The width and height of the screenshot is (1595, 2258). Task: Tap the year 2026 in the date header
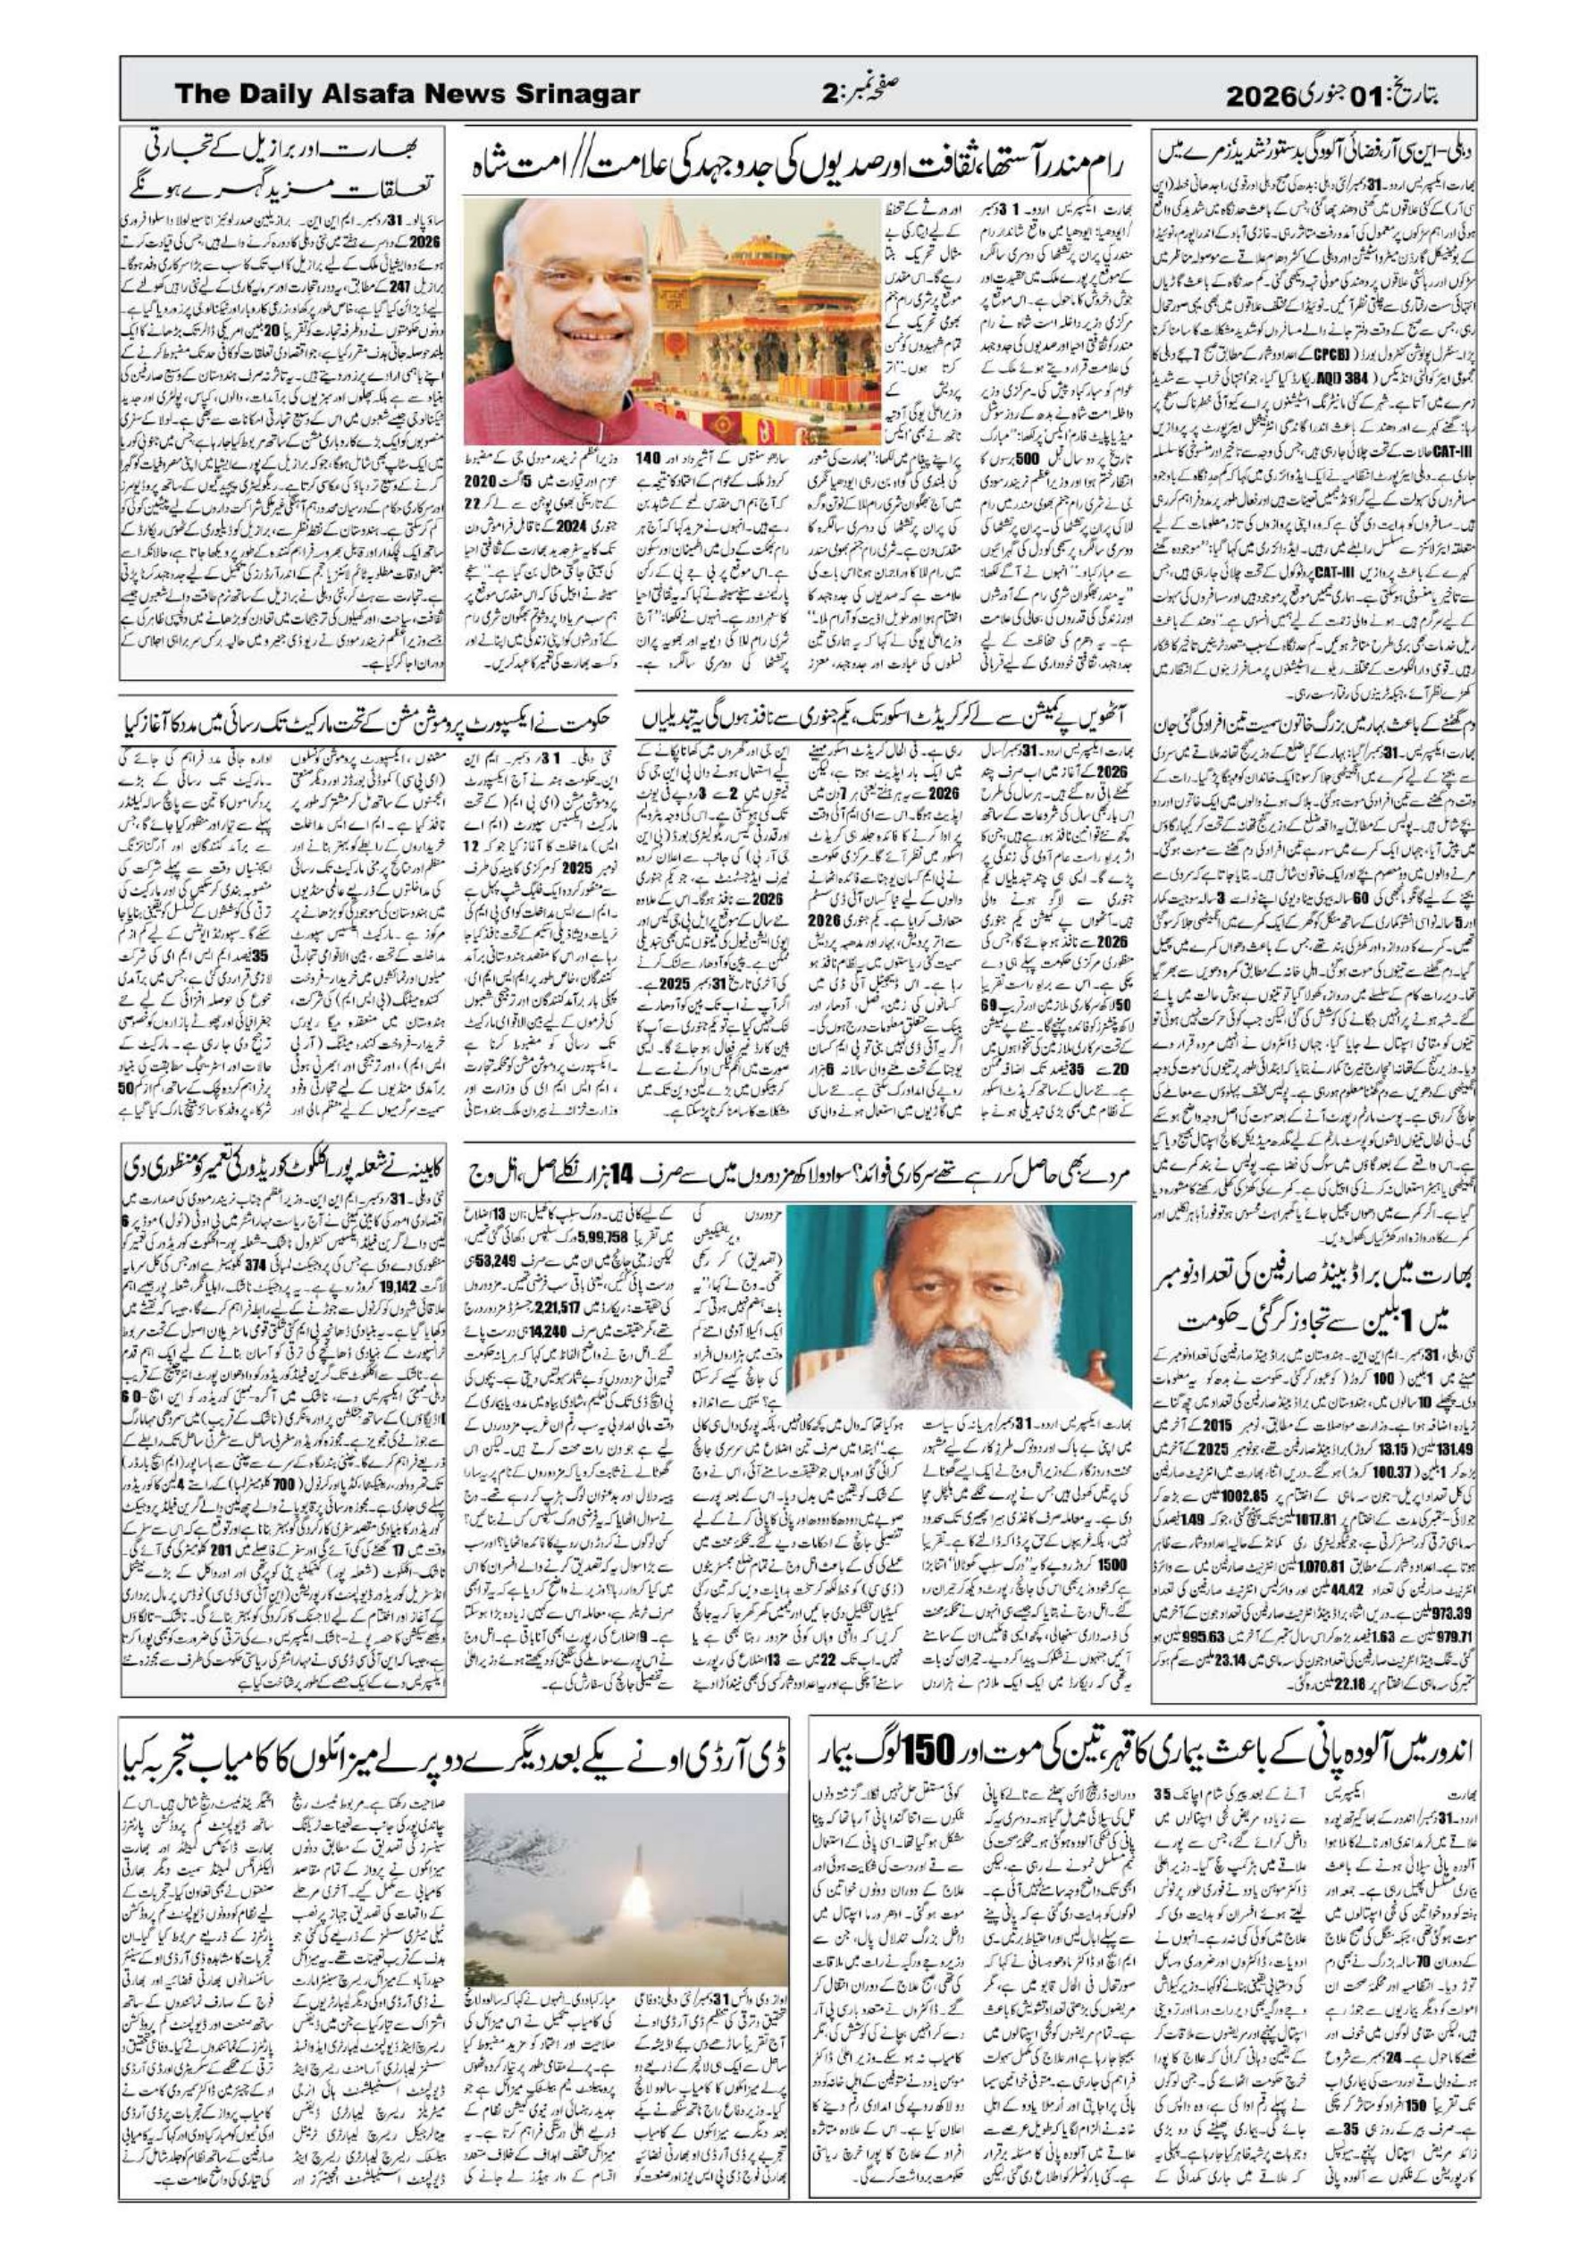[x=1263, y=96]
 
